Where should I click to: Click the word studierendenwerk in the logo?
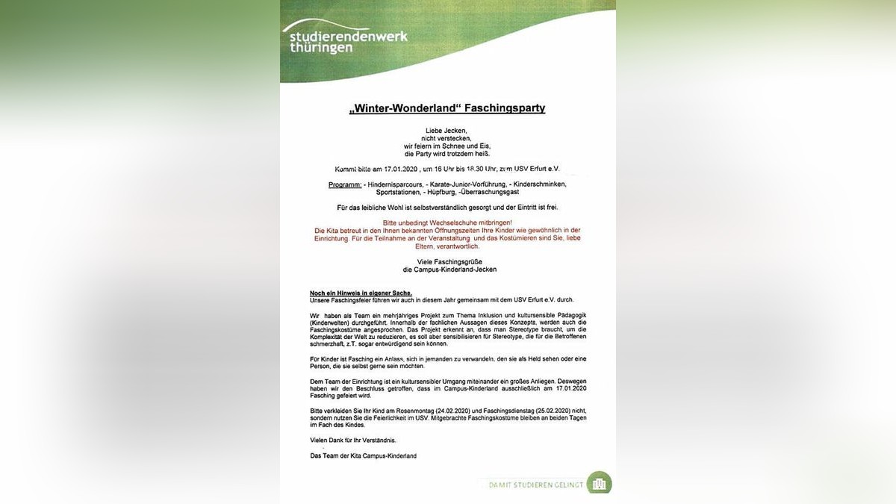[x=345, y=36]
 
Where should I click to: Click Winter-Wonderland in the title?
[x=405, y=108]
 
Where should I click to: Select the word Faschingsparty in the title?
[x=505, y=108]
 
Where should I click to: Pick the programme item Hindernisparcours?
[x=394, y=184]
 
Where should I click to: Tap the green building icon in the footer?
[x=599, y=483]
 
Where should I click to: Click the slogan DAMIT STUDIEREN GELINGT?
[x=535, y=485]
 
